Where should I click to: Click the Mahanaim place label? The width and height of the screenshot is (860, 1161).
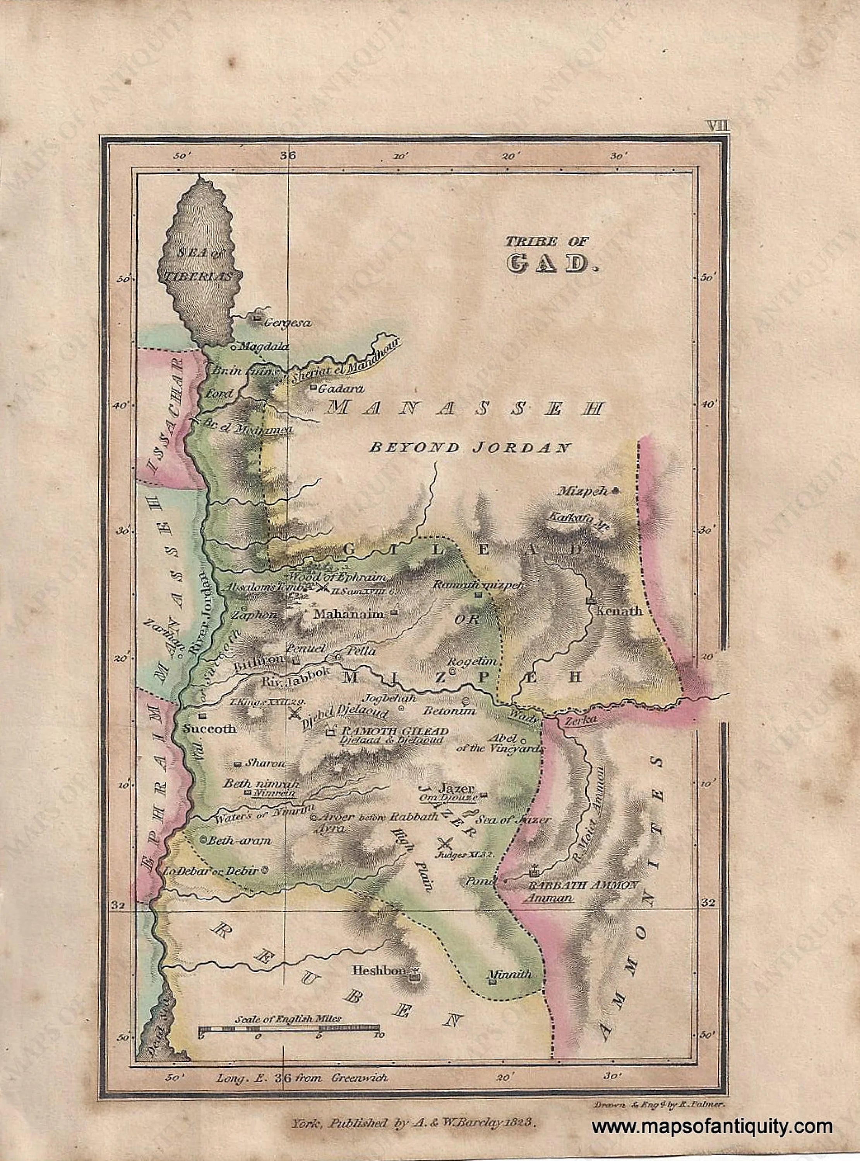(348, 614)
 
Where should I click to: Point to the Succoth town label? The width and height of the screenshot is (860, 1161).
(210, 729)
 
